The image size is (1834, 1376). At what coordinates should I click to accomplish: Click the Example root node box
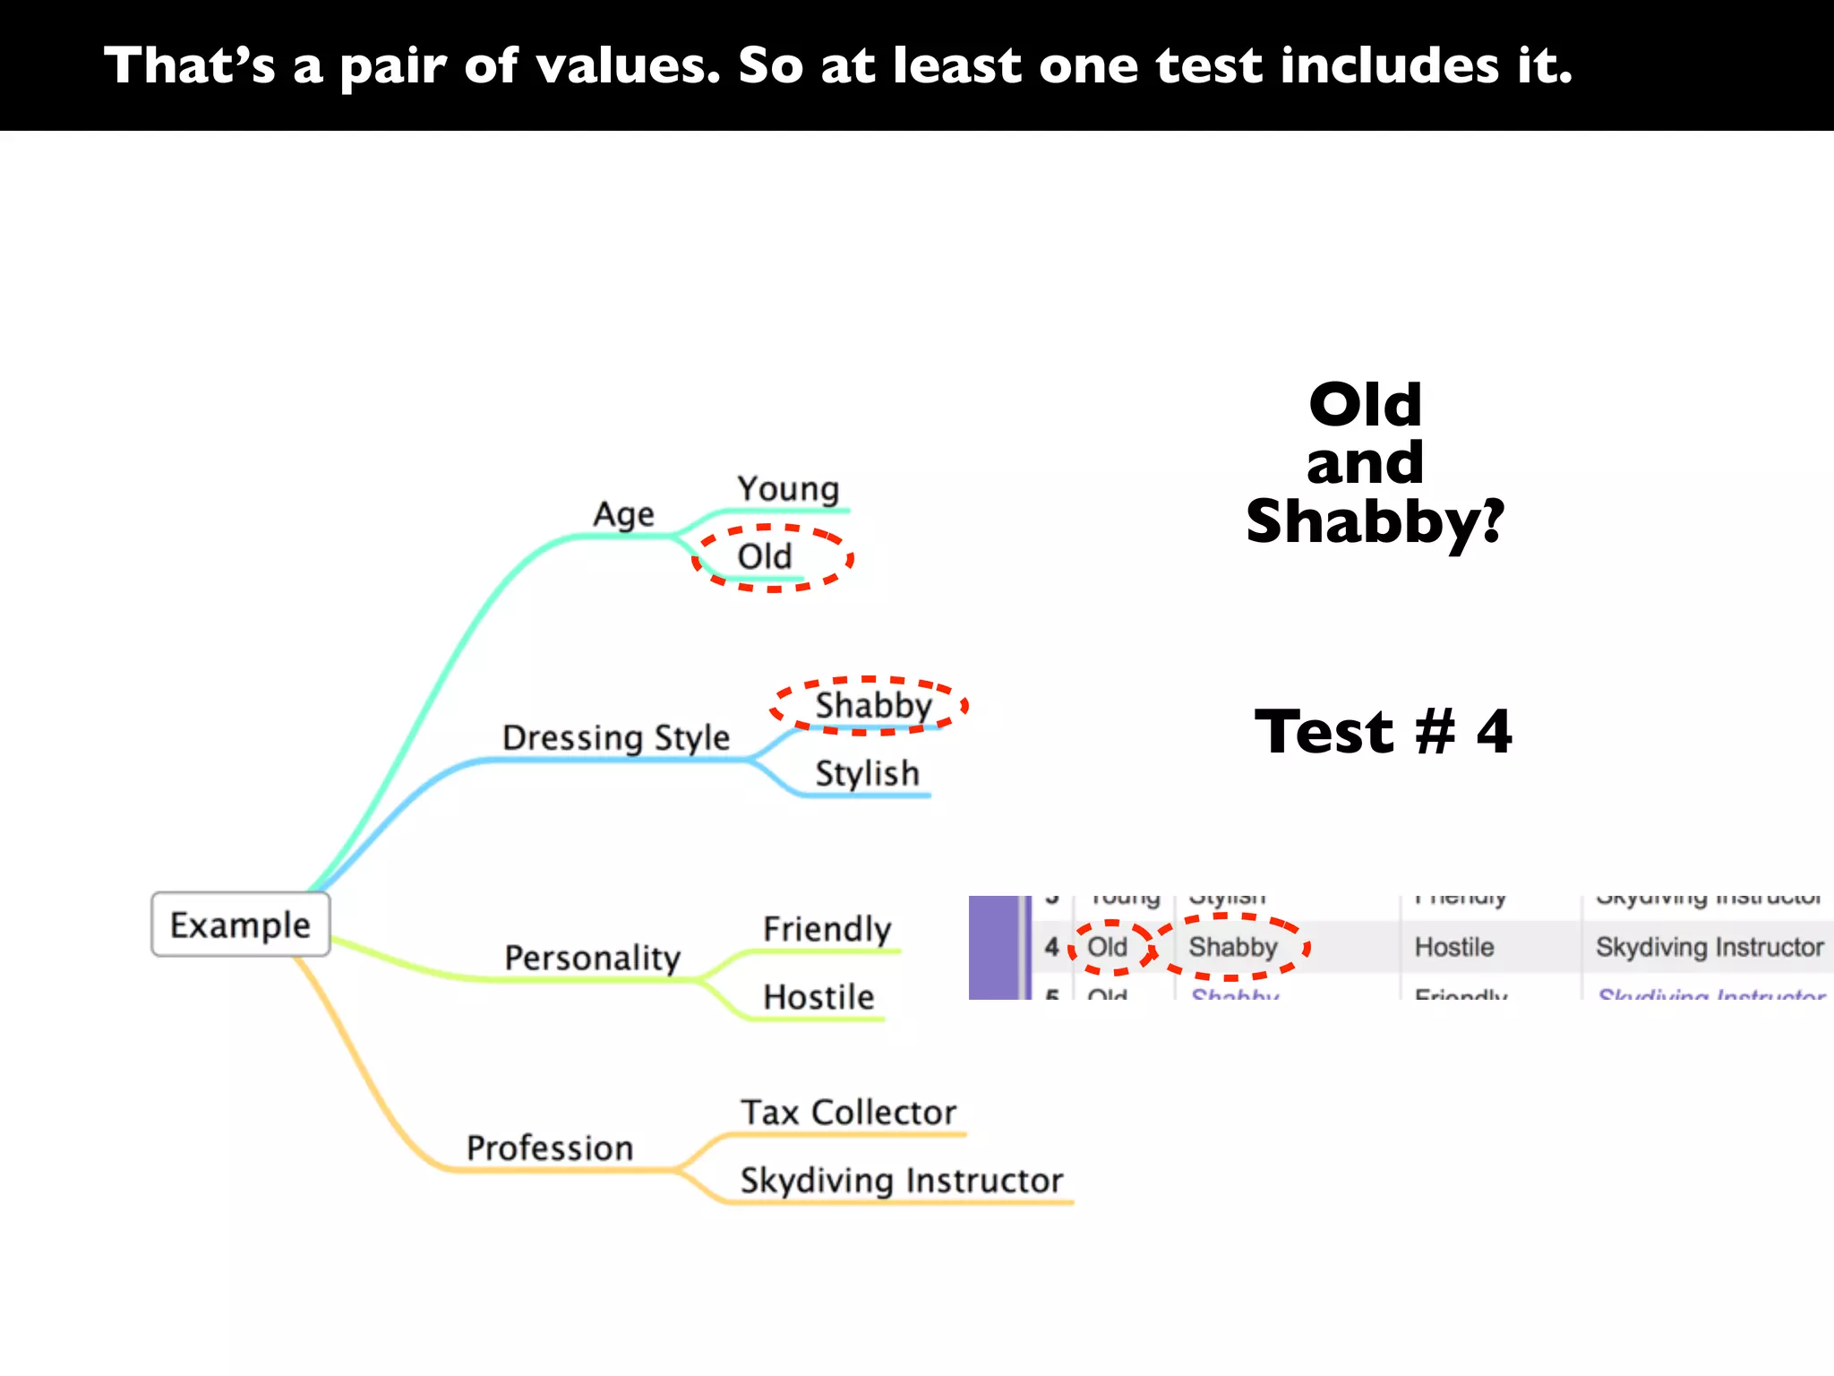[x=240, y=924]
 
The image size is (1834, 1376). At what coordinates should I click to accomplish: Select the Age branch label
[x=623, y=514]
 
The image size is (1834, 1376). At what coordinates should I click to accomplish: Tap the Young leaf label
[x=788, y=489]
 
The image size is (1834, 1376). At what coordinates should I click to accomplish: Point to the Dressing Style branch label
[x=616, y=737]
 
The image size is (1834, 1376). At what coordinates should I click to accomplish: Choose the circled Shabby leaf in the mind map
[x=873, y=705]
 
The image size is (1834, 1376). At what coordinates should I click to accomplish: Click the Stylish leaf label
[x=867, y=773]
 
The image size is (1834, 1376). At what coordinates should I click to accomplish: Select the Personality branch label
[x=592, y=958]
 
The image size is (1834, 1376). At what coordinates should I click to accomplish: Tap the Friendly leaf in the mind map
[x=827, y=929]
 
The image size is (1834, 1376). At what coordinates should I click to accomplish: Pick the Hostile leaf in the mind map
[x=818, y=997]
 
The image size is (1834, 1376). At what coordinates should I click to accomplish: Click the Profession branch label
[x=550, y=1148]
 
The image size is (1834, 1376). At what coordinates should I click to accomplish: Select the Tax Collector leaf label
[x=848, y=1113]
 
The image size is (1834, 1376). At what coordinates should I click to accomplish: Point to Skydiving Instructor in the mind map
[x=901, y=1181]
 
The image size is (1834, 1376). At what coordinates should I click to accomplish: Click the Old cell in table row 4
[x=1108, y=947]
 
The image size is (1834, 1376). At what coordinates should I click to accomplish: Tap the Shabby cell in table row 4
[x=1233, y=947]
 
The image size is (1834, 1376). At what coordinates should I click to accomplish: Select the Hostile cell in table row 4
[x=1454, y=947]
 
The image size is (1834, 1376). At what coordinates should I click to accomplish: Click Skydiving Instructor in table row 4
[x=1709, y=947]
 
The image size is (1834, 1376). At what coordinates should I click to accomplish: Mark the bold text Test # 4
[x=1383, y=732]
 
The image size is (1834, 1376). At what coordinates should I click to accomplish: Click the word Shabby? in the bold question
[x=1375, y=522]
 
